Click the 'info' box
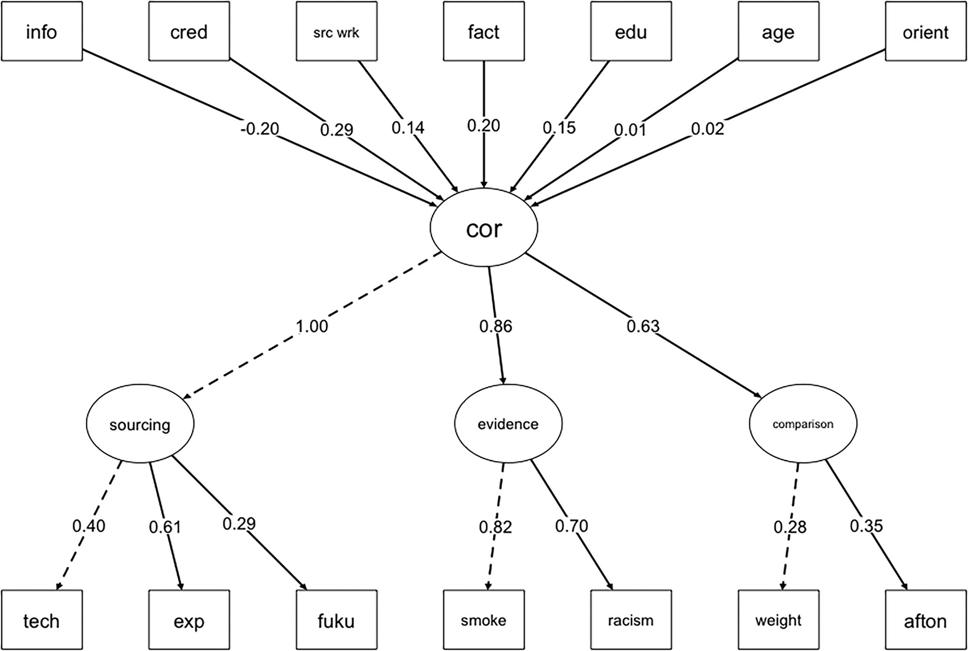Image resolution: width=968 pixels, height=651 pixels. tap(42, 32)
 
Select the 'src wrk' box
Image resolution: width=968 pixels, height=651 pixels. tap(337, 32)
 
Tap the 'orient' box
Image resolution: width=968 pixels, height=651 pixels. tap(925, 32)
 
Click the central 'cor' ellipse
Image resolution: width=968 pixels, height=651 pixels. tap(484, 228)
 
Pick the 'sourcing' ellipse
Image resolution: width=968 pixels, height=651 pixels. tap(140, 425)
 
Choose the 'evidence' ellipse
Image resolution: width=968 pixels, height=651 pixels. tap(508, 424)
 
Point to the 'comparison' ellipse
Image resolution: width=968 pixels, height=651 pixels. tap(803, 424)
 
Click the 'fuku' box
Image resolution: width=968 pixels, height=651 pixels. tap(337, 620)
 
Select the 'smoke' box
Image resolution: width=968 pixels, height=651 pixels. tap(483, 620)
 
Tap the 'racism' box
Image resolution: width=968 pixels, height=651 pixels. tap(631, 620)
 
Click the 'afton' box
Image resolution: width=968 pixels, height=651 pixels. tap(925, 620)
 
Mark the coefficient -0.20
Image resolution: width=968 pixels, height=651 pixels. tap(260, 129)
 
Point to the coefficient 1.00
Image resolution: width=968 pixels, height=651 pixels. tap(312, 326)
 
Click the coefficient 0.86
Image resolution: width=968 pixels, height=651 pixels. tap(495, 326)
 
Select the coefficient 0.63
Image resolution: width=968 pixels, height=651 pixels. tap(643, 326)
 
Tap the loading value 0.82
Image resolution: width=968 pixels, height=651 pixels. tap(495, 527)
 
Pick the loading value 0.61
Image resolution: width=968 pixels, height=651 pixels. tap(165, 527)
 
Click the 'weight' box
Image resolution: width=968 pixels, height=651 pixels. tap(778, 620)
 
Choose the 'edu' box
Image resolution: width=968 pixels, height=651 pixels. tap(631, 32)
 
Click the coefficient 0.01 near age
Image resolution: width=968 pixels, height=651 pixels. tap(630, 130)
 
